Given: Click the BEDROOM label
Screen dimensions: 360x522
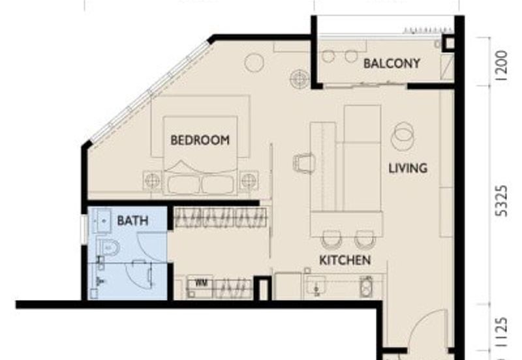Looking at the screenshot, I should (200, 140).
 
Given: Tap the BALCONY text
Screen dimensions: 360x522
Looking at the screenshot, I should (391, 63).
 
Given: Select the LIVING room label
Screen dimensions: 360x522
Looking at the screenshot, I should (408, 168).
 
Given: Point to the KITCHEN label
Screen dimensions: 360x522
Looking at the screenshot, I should (345, 260).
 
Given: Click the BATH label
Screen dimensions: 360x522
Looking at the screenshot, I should (132, 221).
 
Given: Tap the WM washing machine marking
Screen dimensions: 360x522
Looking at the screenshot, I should (200, 283).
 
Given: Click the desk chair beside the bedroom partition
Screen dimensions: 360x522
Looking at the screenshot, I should (304, 162).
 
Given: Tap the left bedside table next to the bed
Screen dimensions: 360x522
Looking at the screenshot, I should (152, 179).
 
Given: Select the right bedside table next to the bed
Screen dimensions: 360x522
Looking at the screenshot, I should (249, 179).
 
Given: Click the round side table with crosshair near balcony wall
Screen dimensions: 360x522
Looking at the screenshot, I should (299, 78).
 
